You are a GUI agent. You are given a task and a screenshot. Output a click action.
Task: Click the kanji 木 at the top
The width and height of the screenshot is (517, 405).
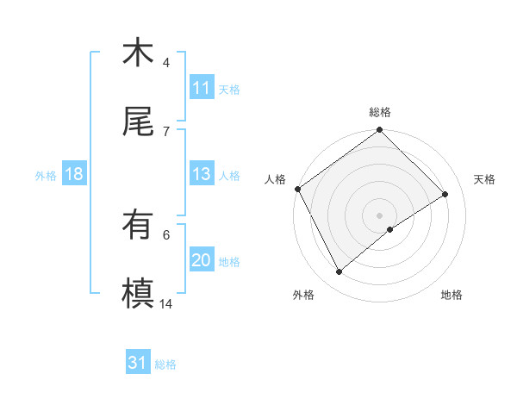[138, 53]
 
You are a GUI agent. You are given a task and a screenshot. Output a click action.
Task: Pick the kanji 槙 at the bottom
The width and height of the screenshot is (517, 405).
[138, 293]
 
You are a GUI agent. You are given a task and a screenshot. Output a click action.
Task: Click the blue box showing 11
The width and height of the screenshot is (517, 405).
[201, 88]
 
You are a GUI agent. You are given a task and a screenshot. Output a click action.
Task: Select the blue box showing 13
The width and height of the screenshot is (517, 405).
[201, 174]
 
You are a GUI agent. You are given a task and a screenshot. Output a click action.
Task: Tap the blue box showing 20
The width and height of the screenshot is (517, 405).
[201, 260]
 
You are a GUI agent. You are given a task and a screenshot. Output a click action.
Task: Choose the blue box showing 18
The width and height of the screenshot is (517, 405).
[73, 174]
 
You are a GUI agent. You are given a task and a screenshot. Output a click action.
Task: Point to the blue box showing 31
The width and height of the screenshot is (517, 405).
[138, 364]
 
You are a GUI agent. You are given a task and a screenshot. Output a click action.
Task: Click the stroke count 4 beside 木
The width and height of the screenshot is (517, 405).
[166, 63]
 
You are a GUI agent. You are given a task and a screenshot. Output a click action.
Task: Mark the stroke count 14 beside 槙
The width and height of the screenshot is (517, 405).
[166, 303]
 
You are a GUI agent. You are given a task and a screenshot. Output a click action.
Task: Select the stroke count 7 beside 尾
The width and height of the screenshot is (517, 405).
[166, 131]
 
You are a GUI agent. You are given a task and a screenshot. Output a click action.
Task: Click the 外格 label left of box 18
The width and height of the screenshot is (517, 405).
[46, 175]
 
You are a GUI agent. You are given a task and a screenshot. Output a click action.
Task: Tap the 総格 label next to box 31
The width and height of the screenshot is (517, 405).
[165, 364]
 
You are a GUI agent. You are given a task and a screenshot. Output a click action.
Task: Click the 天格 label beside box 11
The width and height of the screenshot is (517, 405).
[229, 89]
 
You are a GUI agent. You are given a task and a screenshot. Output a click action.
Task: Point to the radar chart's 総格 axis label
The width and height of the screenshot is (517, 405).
[380, 112]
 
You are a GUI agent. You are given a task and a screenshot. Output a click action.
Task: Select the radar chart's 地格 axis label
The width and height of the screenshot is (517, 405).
[452, 295]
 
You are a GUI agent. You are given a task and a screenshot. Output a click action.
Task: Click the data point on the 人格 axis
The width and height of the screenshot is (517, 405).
[297, 189]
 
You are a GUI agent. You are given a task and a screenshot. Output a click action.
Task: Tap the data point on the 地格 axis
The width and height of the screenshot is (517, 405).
[390, 229]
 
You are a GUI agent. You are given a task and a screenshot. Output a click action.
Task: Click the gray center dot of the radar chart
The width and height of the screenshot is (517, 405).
[380, 215]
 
